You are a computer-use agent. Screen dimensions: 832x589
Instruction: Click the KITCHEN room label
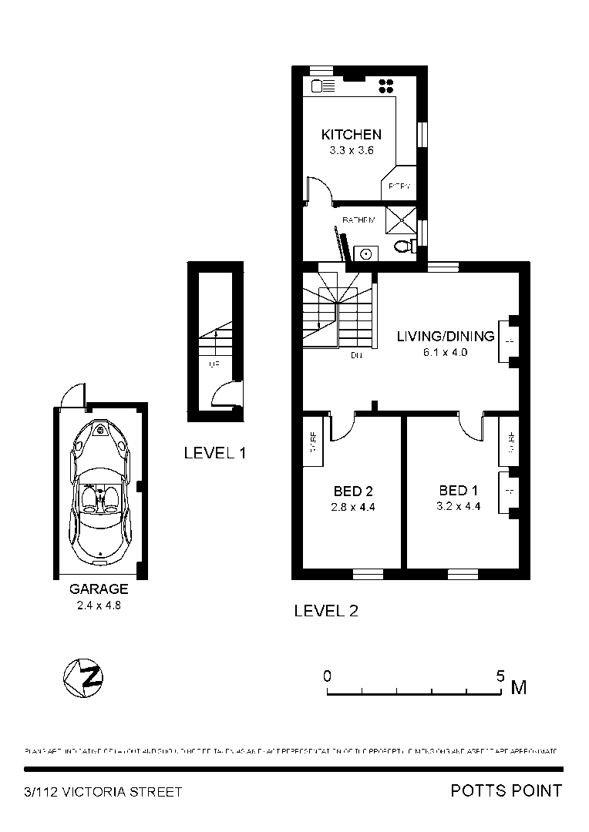coord(351,135)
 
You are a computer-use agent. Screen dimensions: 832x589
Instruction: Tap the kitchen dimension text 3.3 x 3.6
coord(351,151)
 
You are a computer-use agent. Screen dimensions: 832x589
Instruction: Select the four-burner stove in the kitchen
coord(386,86)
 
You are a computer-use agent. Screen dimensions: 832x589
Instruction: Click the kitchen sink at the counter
coord(321,86)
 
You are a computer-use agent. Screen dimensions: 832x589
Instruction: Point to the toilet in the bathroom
coord(403,247)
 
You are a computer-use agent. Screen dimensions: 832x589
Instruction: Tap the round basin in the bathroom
coord(366,253)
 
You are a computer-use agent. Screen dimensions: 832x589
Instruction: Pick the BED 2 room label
coord(353,491)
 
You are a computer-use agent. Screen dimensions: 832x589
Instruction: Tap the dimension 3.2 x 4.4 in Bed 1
coord(458,507)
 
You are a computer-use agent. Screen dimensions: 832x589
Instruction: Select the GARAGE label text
coord(99,589)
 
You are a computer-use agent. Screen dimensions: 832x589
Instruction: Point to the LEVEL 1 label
coord(214,453)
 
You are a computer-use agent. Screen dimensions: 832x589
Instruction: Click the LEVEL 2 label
coord(326,611)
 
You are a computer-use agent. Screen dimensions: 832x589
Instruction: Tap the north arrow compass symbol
coord(83,678)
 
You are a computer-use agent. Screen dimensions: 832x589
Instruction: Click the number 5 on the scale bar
coord(500,676)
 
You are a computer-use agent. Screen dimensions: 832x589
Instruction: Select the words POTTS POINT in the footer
coord(506,790)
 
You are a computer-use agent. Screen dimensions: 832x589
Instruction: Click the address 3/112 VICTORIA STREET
coord(103,792)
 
